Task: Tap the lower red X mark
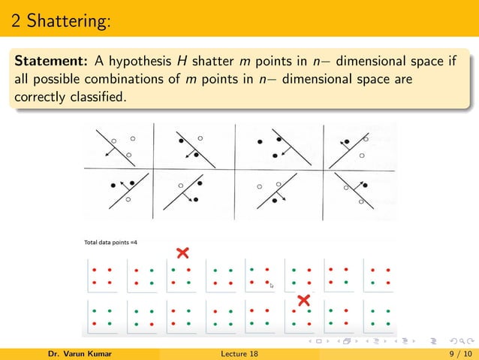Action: [303, 301]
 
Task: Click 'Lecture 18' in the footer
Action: [240, 352]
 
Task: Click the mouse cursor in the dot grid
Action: [273, 286]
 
